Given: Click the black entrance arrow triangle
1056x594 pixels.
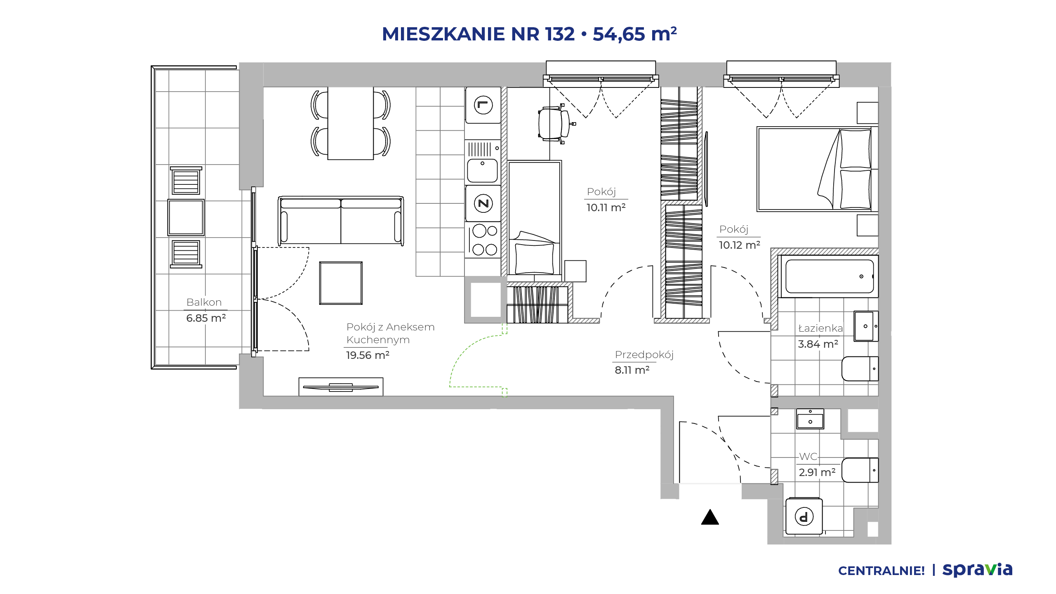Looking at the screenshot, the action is point(710,517).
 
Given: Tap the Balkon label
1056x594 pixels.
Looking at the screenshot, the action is point(204,302).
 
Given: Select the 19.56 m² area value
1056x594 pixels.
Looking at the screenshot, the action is point(368,355).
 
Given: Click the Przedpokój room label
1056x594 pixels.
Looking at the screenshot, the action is point(644,355).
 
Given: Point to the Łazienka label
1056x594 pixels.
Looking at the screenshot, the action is point(820,328).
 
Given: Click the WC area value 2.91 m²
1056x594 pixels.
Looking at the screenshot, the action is point(817,472).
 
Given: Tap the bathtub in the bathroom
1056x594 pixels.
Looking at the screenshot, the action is point(829,276).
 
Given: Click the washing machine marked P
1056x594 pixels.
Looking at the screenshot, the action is point(804,516).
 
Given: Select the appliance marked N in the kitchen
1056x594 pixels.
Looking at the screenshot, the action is point(483,203).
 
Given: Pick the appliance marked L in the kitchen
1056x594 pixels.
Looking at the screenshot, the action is point(483,105).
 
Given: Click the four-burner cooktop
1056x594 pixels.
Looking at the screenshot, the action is point(483,240).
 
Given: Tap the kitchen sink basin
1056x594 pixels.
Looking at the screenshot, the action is point(482,170).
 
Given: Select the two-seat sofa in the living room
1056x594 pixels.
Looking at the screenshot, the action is point(341,220).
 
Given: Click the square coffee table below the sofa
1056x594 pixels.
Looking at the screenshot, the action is point(341,283).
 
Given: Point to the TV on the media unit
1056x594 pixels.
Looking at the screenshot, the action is point(341,387).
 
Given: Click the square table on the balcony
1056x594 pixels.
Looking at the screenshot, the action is point(186,217).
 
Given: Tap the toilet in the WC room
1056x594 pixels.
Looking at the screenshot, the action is point(860,470).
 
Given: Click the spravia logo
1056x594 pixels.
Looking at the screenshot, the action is point(977,570).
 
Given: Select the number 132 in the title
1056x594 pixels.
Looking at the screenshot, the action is point(560,34).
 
